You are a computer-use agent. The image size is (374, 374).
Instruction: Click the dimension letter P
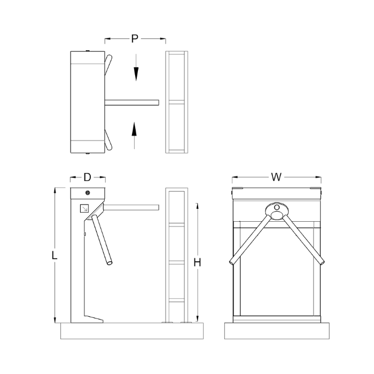135,38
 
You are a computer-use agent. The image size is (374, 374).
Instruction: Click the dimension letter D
88,177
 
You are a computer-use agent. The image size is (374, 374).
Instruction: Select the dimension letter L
54,255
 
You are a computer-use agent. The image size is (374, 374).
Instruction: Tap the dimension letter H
197,262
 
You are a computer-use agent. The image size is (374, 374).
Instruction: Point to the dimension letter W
276,177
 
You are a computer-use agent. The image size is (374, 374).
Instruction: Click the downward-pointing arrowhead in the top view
136,74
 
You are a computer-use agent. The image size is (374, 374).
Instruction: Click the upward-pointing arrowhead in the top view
134,129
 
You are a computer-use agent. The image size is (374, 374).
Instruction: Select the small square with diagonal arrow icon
84,208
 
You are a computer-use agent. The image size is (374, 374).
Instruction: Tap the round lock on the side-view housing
88,192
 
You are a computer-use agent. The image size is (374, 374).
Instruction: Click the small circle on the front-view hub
277,207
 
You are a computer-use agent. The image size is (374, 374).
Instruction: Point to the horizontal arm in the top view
131,103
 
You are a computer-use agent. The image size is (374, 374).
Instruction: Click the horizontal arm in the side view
131,207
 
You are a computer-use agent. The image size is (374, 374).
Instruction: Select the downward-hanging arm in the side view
102,240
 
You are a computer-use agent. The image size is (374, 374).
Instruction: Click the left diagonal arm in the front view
250,240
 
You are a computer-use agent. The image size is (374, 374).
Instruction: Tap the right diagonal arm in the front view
303,240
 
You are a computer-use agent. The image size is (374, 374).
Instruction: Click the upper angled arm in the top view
108,65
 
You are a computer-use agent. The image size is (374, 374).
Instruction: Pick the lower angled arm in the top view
108,140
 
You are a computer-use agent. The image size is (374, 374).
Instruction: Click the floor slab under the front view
277,331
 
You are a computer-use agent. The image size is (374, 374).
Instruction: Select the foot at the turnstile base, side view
93,319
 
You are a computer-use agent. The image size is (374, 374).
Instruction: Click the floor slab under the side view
132,331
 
